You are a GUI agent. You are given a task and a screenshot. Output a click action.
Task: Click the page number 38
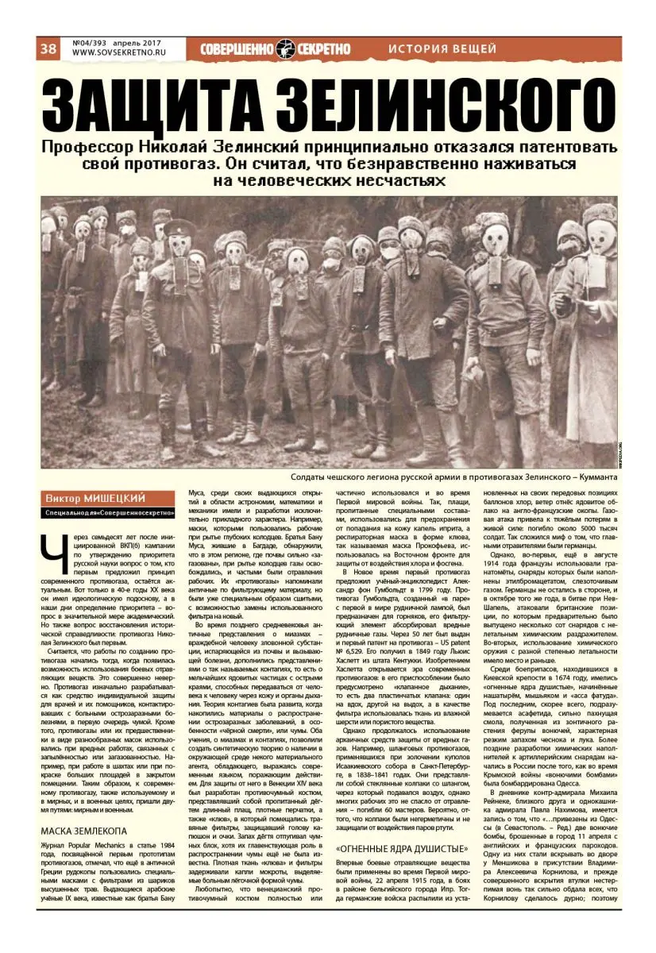click(48, 49)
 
